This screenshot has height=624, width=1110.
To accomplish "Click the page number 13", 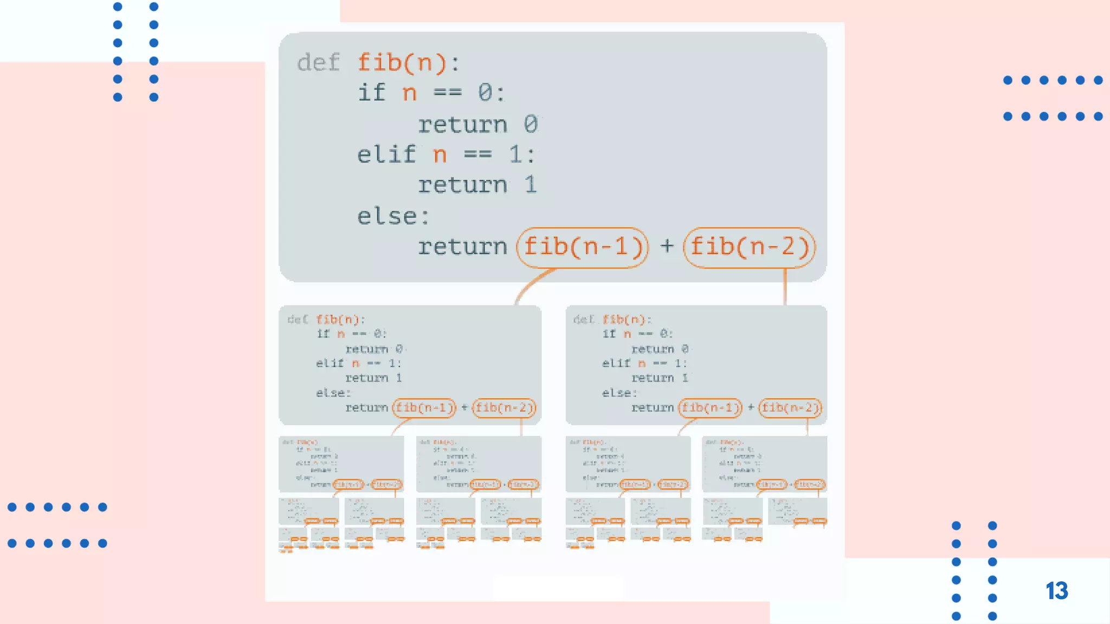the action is click(x=1056, y=591).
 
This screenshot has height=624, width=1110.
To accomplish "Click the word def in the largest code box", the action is click(x=318, y=63).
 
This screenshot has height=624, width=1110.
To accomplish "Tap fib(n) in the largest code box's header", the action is click(x=402, y=63).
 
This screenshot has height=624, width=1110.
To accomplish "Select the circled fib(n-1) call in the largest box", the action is click(x=583, y=248).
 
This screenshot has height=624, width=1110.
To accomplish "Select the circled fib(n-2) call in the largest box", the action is click(x=749, y=248).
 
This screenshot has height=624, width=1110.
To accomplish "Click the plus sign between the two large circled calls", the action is click(x=667, y=246).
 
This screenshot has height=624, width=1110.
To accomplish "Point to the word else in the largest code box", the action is click(x=387, y=217).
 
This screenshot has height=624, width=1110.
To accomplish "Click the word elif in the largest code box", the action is click(x=386, y=155).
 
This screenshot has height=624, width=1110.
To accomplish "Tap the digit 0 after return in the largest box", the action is click(x=530, y=125).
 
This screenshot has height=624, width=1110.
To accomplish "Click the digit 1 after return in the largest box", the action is click(x=530, y=185).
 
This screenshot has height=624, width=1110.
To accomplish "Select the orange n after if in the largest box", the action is click(x=410, y=93).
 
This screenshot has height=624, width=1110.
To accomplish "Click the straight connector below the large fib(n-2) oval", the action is click(x=785, y=287).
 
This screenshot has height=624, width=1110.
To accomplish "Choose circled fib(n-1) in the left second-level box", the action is click(x=424, y=407).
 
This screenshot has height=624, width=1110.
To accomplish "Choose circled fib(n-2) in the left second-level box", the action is click(x=504, y=407).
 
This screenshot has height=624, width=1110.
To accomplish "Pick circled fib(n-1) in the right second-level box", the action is click(x=710, y=407).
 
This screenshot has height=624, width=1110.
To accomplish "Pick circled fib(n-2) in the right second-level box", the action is click(x=790, y=407).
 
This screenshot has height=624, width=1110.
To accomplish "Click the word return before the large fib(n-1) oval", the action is click(x=462, y=248).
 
